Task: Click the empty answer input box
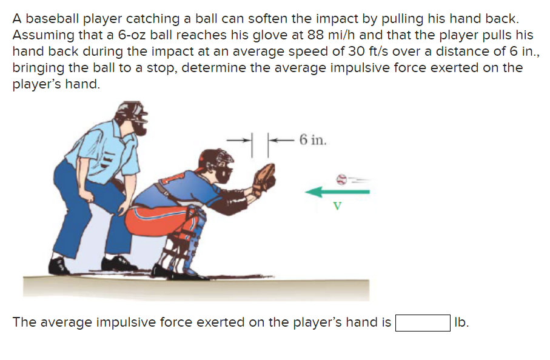pyautogui.click(x=423, y=322)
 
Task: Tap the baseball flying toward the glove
pyautogui.click(x=341, y=178)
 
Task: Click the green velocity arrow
pyautogui.click(x=337, y=192)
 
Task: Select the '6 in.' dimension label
pyautogui.click(x=313, y=141)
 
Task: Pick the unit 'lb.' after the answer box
pyautogui.click(x=461, y=322)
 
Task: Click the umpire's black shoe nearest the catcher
pyautogui.click(x=118, y=263)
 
